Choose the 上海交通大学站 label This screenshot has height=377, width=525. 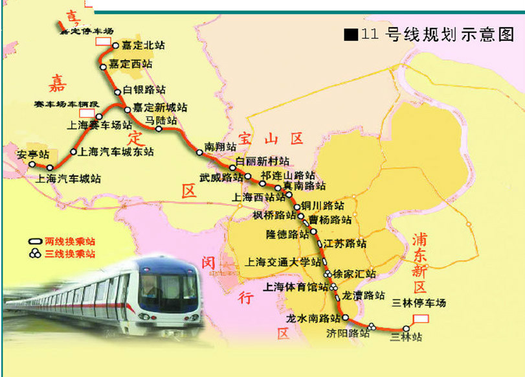pos(283,262)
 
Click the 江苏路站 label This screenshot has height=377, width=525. pos(346,244)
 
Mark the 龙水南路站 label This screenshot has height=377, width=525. pos(313,318)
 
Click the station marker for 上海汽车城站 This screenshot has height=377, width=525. pos(49,168)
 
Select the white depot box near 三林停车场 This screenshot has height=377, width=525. pos(420,318)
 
